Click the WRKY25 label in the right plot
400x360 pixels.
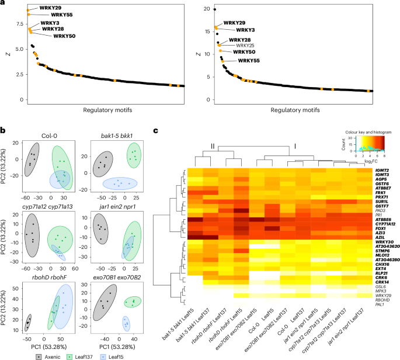245,45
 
